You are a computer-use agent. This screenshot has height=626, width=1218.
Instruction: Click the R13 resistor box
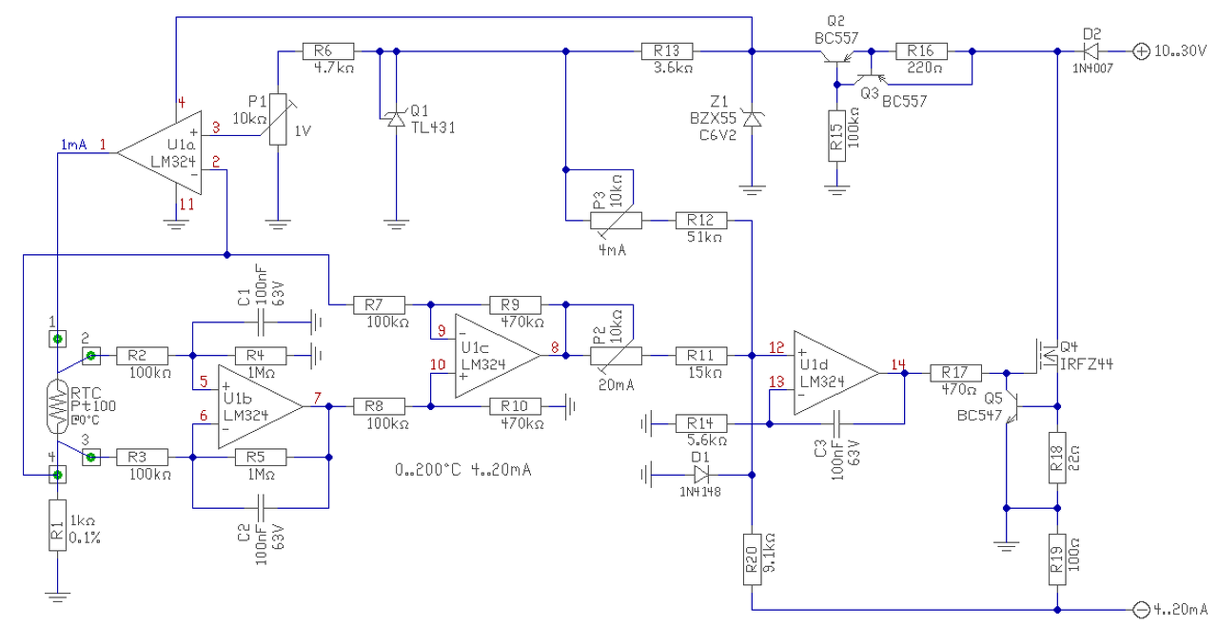coord(667,51)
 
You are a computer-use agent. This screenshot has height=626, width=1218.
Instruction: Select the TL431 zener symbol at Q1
coord(396,119)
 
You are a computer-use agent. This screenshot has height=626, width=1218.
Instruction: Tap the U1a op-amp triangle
coord(160,153)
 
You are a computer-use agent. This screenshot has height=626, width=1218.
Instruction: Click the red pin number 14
coord(897,364)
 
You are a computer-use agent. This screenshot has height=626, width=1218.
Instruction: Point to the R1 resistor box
coord(58,525)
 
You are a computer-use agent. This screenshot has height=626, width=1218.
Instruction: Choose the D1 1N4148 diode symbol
coord(701,475)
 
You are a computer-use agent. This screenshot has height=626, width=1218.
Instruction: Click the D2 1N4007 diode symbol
coord(1090,51)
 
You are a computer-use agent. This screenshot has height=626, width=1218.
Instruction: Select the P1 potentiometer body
coord(278,119)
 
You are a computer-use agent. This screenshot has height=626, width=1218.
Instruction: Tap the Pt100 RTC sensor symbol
coord(58,406)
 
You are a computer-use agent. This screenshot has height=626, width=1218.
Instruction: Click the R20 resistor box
coord(752,559)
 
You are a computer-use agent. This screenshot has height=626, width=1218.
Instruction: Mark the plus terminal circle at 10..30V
coord(1141,51)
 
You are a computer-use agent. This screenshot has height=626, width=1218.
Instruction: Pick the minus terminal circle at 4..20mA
coord(1141,610)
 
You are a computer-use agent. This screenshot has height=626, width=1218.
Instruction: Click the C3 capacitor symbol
coord(836,423)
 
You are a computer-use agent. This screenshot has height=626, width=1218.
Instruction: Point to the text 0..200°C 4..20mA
coord(462,470)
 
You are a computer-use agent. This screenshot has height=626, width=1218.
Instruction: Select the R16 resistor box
coord(921,51)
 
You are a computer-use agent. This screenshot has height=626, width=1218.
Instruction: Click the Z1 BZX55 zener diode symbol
coord(752,119)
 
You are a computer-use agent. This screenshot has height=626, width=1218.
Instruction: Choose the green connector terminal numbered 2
coord(90,356)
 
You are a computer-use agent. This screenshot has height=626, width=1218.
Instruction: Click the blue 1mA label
coord(73,145)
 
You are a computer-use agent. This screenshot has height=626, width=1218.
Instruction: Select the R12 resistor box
coord(701,221)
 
